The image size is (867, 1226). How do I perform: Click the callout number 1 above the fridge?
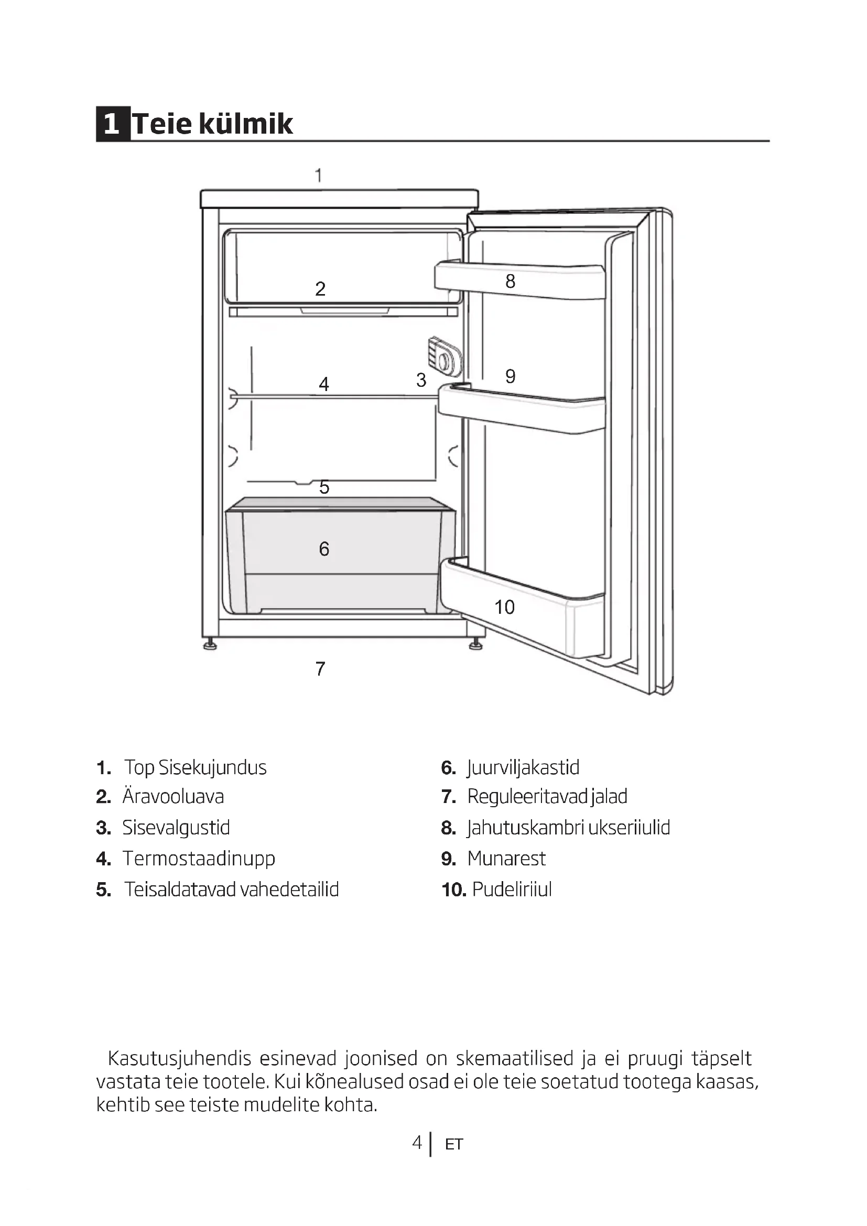tap(319, 175)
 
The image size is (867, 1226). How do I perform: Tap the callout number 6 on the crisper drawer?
tap(324, 549)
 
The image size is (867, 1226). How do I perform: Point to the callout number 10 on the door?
tap(504, 607)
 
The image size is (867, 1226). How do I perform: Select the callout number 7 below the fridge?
tap(320, 668)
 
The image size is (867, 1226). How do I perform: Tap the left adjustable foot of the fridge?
tap(210, 645)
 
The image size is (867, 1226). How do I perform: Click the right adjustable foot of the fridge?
tap(474, 645)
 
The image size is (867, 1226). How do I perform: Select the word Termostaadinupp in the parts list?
tap(199, 858)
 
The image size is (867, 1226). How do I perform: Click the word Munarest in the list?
tap(506, 858)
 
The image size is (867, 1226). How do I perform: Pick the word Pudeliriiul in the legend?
tap(512, 889)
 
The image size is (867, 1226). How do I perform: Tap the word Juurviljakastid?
tap(523, 767)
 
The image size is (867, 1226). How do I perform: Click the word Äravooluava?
tap(173, 796)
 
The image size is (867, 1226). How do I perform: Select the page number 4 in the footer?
tap(417, 1142)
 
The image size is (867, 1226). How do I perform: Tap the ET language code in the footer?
tap(454, 1144)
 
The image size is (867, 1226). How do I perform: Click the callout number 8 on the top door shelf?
tap(511, 281)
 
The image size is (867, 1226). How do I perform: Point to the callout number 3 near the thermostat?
tap(421, 380)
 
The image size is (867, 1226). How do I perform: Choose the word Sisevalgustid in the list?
tap(176, 827)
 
